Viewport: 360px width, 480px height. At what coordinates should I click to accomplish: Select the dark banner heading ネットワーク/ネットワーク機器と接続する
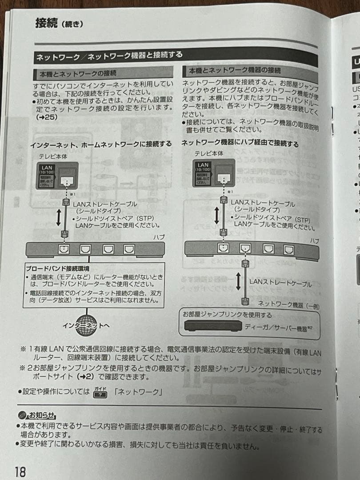tap(109, 56)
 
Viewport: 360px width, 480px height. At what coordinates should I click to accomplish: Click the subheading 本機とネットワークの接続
tap(78, 72)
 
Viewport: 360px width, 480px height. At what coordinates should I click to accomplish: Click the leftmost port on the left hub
tap(64, 249)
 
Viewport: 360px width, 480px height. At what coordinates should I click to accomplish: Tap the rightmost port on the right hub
tap(289, 250)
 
